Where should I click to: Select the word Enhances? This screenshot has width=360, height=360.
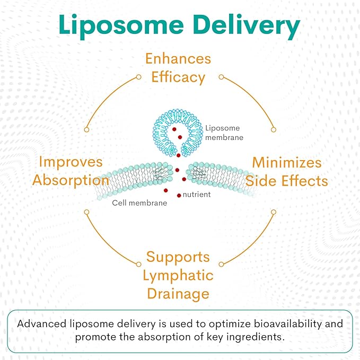click(178, 58)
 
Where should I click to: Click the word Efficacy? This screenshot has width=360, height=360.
click(178, 77)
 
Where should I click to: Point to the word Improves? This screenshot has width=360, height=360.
click(71, 161)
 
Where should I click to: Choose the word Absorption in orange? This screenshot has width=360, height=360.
click(71, 180)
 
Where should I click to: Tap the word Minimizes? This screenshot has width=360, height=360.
click(287, 162)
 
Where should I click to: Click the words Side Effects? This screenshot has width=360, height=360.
click(287, 180)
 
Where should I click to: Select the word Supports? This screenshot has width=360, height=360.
click(178, 257)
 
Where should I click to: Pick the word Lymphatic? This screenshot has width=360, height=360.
click(178, 275)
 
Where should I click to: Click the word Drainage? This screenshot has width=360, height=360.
click(178, 293)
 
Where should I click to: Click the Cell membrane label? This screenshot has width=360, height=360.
click(139, 203)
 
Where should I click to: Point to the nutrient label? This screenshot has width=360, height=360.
click(197, 195)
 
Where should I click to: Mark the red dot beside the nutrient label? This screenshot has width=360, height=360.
click(179, 196)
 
